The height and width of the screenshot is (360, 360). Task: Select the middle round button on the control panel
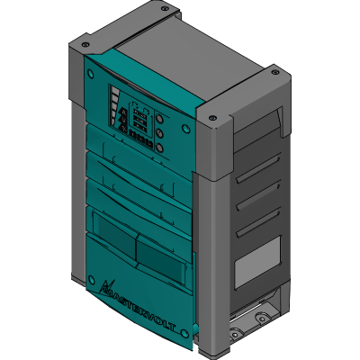(x=158, y=131)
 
